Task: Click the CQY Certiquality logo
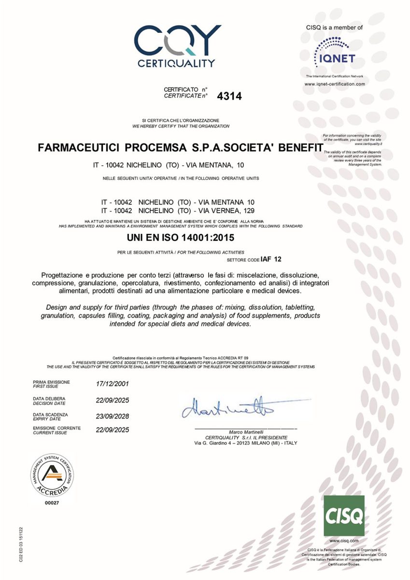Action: coord(177,46)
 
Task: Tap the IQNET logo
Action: coord(335,54)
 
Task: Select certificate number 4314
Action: coord(229,96)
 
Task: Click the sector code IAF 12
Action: coord(270,259)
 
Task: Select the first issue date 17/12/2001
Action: coord(113,384)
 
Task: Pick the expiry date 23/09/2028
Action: coord(113,416)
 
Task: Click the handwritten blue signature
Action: coord(227,409)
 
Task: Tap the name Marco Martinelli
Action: coord(245,432)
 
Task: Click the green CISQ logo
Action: coord(344,516)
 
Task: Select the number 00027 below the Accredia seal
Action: coord(51,503)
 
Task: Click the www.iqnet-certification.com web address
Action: coord(335,84)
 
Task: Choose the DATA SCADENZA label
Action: coord(50,415)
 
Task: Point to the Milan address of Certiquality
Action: coord(245,443)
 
